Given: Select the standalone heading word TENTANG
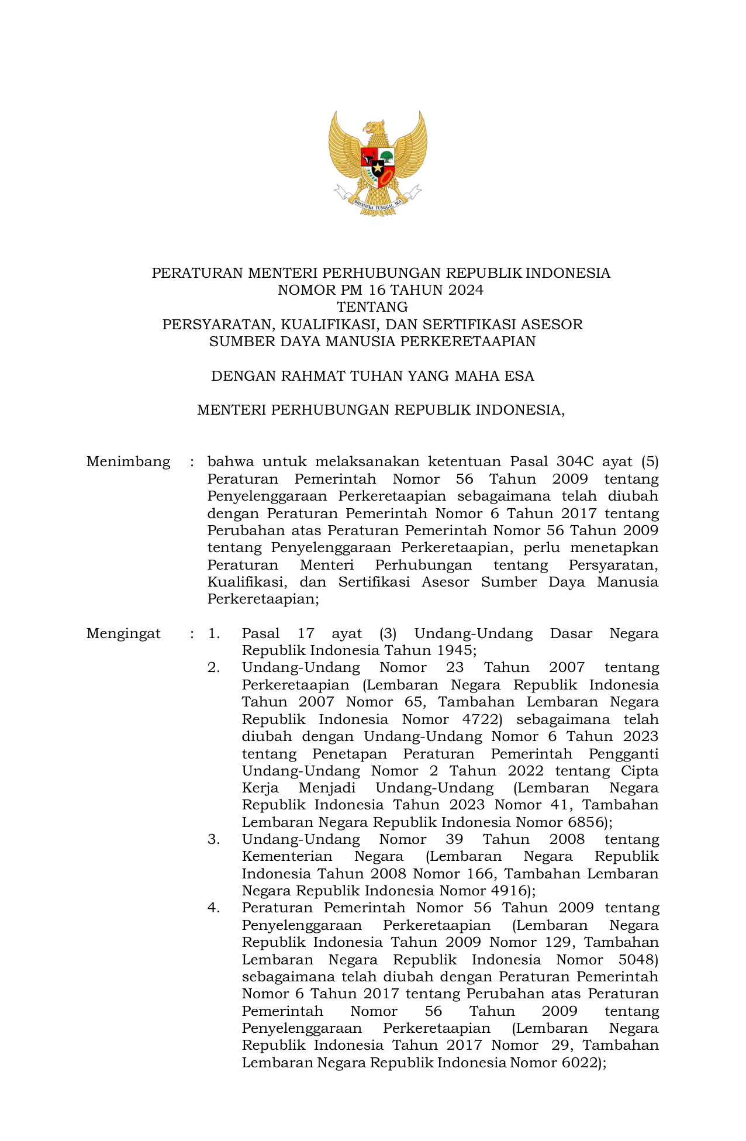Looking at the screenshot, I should tap(372, 307).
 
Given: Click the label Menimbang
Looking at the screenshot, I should tap(129, 462).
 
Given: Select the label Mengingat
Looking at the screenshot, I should tap(123, 633).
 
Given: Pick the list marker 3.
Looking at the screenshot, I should tap(213, 839).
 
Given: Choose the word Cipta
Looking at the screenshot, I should tap(640, 771).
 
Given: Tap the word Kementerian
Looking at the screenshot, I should tap(286, 857).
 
